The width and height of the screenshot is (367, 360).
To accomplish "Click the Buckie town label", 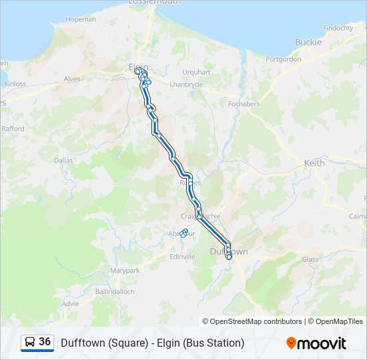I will pos(308,42).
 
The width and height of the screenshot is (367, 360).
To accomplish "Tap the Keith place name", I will pos(314,163).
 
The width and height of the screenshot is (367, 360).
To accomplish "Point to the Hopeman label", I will pos(82,19).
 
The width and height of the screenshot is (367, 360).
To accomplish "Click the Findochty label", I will pos(338,28).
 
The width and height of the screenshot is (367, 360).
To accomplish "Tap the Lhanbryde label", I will pos(186,85).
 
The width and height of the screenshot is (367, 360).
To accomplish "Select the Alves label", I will pos(71,78).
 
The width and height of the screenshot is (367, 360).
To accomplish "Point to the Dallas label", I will pos(63,161).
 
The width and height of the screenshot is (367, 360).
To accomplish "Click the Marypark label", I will pos(125,271).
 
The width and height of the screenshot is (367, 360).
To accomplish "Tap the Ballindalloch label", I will pos(115,292).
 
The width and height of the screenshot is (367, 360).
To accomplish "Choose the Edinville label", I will pos(182,257).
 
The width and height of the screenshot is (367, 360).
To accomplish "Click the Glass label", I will pos(310,259).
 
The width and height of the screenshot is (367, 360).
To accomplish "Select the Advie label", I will pos(70,303).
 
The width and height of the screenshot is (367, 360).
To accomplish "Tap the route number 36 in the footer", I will pos(45,342).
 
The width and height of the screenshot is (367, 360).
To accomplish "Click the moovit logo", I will pos(316,343).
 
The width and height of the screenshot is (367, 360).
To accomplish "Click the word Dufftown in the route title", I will pos(81,343).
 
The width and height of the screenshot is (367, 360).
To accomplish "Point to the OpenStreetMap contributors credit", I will pos(256,321).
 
